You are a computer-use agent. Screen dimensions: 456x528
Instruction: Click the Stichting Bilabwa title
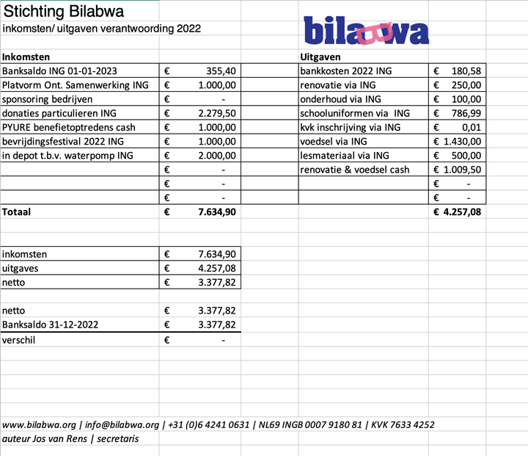pos(64,12)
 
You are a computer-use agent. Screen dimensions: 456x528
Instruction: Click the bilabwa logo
pos(366,31)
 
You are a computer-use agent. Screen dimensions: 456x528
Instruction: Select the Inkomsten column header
pos(26,57)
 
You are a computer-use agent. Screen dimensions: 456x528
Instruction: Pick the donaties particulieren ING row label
pos(59,113)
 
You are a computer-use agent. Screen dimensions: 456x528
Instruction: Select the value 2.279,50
pos(217,113)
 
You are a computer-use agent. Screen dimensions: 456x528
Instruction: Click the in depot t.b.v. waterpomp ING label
pos(67,155)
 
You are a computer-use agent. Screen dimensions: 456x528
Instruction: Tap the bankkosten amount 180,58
pos(466,71)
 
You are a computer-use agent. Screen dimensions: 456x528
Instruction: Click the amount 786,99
pos(466,113)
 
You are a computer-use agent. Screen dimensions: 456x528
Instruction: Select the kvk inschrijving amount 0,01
pos(473,127)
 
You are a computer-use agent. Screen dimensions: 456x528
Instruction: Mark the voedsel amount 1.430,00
pos(462,141)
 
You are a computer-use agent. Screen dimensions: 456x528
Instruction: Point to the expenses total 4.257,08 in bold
pos(461,212)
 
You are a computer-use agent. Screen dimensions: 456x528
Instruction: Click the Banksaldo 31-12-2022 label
pos(51,325)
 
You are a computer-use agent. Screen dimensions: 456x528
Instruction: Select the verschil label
pos(18,340)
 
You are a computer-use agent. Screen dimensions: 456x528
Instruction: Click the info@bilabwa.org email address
pos(122,424)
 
